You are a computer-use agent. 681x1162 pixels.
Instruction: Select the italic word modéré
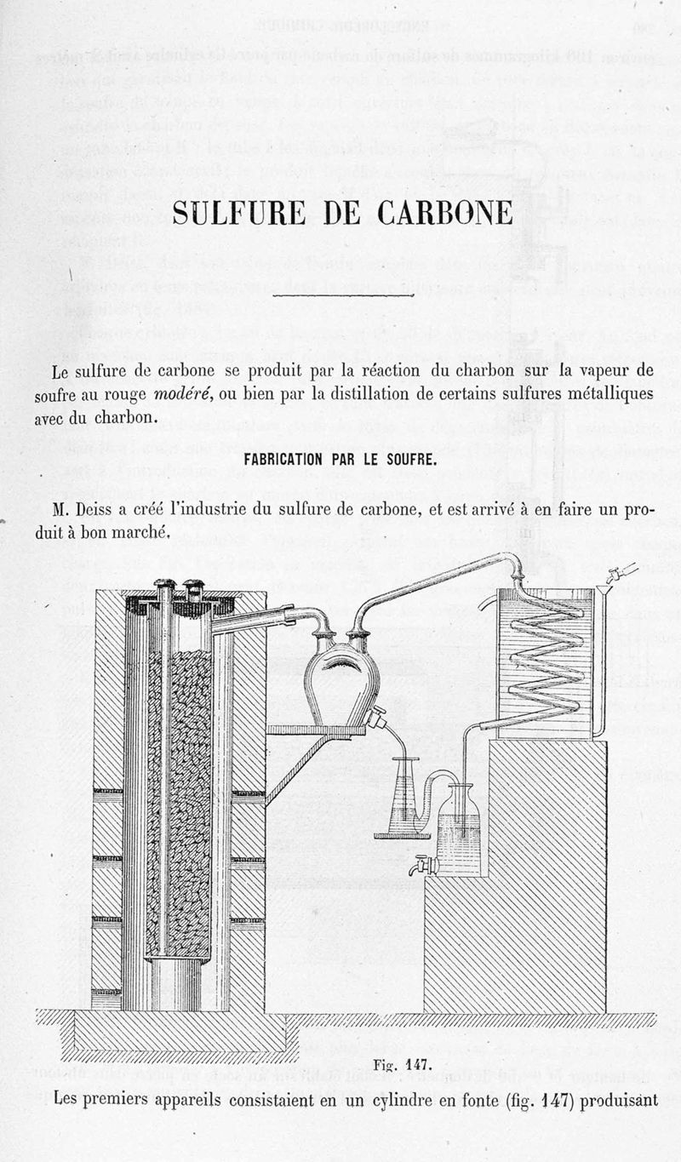[x=183, y=394]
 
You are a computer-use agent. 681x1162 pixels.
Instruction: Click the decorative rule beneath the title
[x=340, y=294]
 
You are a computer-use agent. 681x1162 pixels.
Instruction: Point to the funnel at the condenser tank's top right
[x=607, y=587]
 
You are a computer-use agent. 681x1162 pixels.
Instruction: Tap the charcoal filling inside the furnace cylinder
[x=179, y=800]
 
